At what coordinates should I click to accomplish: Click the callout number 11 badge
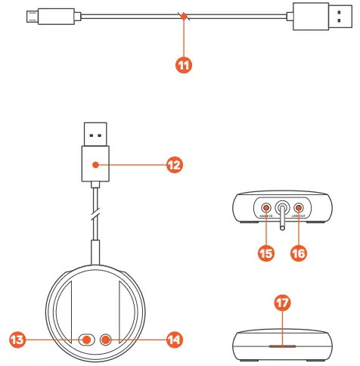point(182,65)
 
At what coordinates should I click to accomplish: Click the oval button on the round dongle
point(88,340)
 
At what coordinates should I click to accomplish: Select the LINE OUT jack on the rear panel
point(299,206)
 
